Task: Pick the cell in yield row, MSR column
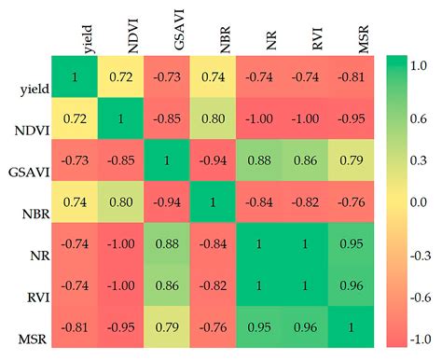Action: click(x=354, y=77)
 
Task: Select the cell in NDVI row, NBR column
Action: click(x=214, y=121)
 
